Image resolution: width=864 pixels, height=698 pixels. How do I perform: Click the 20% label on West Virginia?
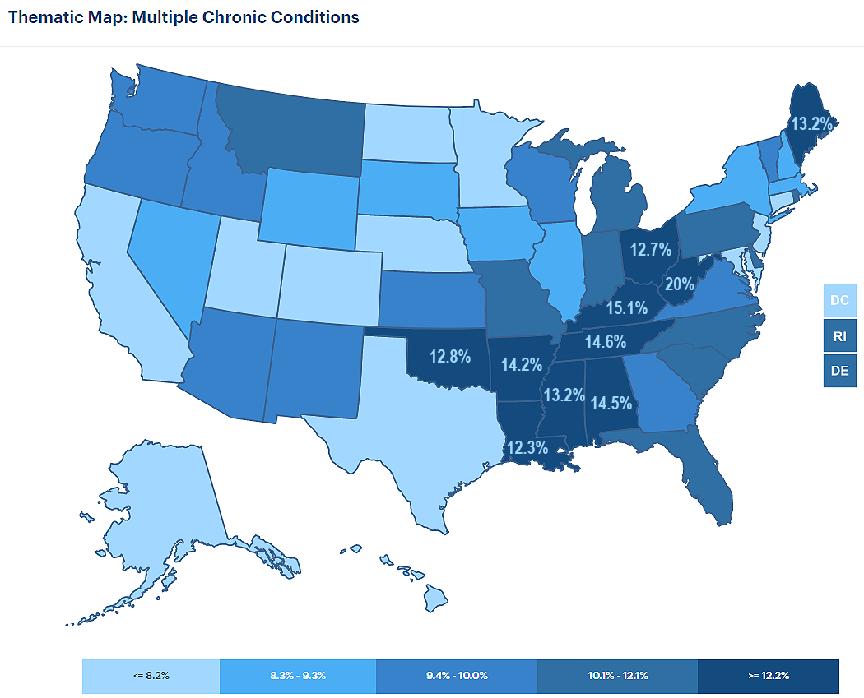[x=679, y=285]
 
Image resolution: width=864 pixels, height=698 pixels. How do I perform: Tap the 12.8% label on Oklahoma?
[x=449, y=356]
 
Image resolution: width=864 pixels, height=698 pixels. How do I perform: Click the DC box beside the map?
[x=839, y=300]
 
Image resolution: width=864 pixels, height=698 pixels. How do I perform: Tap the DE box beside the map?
[x=839, y=371]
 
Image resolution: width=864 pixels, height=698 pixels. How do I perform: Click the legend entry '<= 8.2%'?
[x=151, y=675]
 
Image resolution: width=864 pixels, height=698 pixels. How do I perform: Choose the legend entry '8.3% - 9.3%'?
[x=298, y=675]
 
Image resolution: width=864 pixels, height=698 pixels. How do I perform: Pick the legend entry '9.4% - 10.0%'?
[x=457, y=675]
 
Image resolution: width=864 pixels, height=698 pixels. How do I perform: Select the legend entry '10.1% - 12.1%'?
[x=617, y=675]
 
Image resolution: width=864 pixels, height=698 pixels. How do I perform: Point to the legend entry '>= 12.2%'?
[x=769, y=675]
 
